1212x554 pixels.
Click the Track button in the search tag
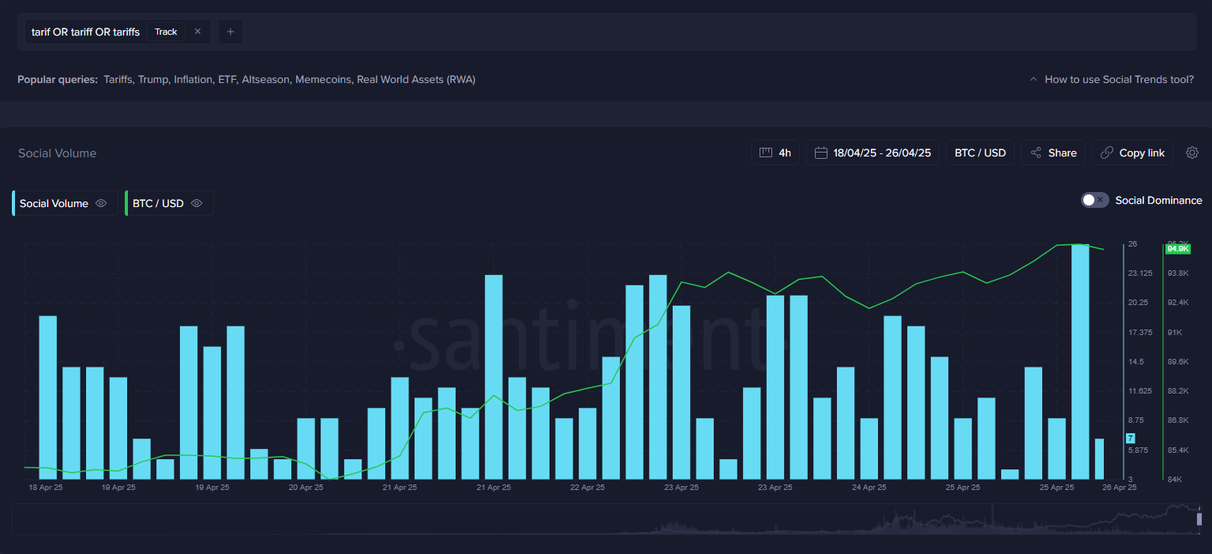point(166,32)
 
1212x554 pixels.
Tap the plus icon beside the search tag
point(231,32)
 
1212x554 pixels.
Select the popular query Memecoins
point(323,79)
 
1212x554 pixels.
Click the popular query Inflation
point(193,79)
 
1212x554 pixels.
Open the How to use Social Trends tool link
point(1118,79)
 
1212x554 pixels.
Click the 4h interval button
point(775,153)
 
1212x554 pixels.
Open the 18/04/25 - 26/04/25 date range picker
point(872,153)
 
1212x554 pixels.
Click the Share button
point(1053,153)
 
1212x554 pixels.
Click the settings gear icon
point(1192,153)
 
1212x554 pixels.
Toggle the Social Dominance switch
point(1094,200)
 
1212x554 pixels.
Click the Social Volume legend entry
point(54,203)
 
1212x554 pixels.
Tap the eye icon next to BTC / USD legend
point(197,203)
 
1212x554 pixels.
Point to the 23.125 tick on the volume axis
point(1140,273)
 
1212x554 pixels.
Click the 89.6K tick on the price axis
point(1178,361)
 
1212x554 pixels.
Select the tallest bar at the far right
point(1079,361)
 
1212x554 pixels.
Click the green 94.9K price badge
point(1177,249)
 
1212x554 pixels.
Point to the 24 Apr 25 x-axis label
point(869,488)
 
